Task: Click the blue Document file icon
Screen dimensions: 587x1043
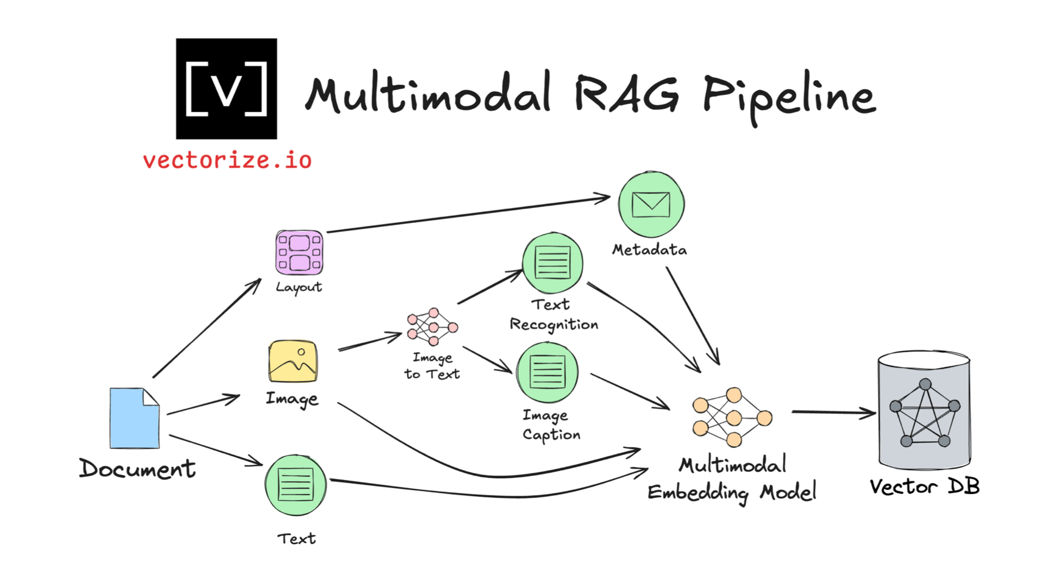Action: [134, 418]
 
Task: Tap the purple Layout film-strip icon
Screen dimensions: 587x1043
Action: [299, 252]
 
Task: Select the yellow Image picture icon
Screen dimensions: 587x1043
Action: [293, 361]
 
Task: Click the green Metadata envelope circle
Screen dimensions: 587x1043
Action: [651, 205]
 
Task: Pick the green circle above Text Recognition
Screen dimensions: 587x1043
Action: [552, 263]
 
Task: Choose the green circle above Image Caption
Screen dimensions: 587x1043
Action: [547, 372]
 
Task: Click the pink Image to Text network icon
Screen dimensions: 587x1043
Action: [432, 327]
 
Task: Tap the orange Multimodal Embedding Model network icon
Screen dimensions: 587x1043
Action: [732, 417]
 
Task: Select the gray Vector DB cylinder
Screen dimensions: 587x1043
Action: [924, 410]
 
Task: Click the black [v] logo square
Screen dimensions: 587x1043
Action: [227, 89]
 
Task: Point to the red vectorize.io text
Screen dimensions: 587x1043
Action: [227, 160]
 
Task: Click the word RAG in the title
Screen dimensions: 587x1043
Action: [626, 93]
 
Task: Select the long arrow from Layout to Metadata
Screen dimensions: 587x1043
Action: [467, 215]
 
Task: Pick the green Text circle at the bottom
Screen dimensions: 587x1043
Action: [296, 485]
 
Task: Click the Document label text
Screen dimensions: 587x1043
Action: [137, 469]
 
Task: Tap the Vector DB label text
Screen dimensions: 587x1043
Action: [924, 486]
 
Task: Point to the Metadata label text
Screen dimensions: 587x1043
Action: [649, 249]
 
